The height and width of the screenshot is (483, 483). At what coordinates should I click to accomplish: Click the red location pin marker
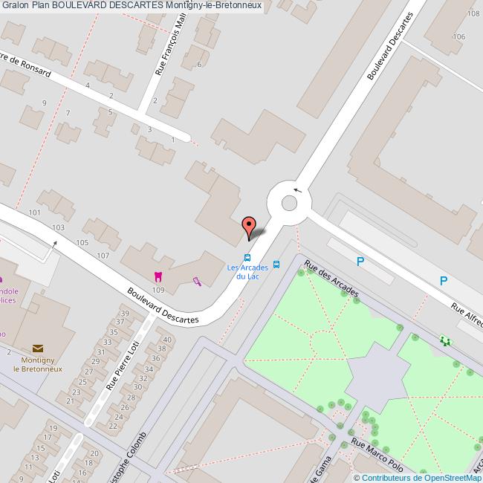pyautogui.click(x=249, y=226)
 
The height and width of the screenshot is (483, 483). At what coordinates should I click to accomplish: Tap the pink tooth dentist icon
pyautogui.click(x=157, y=276)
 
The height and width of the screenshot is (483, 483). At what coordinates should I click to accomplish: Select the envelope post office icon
pyautogui.click(x=38, y=347)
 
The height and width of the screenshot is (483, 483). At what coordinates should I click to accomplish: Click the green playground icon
pyautogui.click(x=445, y=340)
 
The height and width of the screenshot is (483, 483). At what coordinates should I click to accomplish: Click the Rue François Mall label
pyautogui.click(x=170, y=49)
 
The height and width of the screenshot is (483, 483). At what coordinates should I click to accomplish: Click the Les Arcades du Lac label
pyautogui.click(x=242, y=272)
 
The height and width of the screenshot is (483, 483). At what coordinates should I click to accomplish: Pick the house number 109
pyautogui.click(x=158, y=289)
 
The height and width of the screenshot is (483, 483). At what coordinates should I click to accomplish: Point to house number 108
pyautogui.click(x=471, y=14)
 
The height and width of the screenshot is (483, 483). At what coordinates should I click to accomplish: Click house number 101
pyautogui.click(x=34, y=213)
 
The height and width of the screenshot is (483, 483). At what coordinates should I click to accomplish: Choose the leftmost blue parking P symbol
pyautogui.click(x=360, y=261)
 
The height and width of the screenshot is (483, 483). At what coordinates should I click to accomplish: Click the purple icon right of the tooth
pyautogui.click(x=196, y=281)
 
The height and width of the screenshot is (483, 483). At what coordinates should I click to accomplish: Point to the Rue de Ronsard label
pyautogui.click(x=27, y=65)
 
